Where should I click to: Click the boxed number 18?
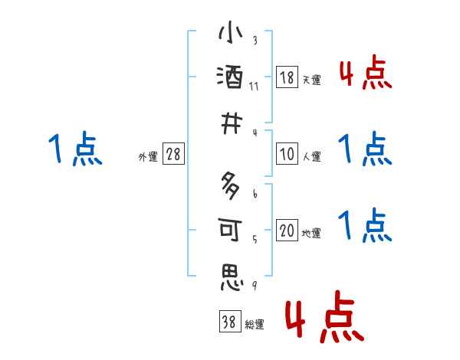click(287, 78)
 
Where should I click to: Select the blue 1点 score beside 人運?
click(365, 149)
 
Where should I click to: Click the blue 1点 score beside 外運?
click(75, 149)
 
